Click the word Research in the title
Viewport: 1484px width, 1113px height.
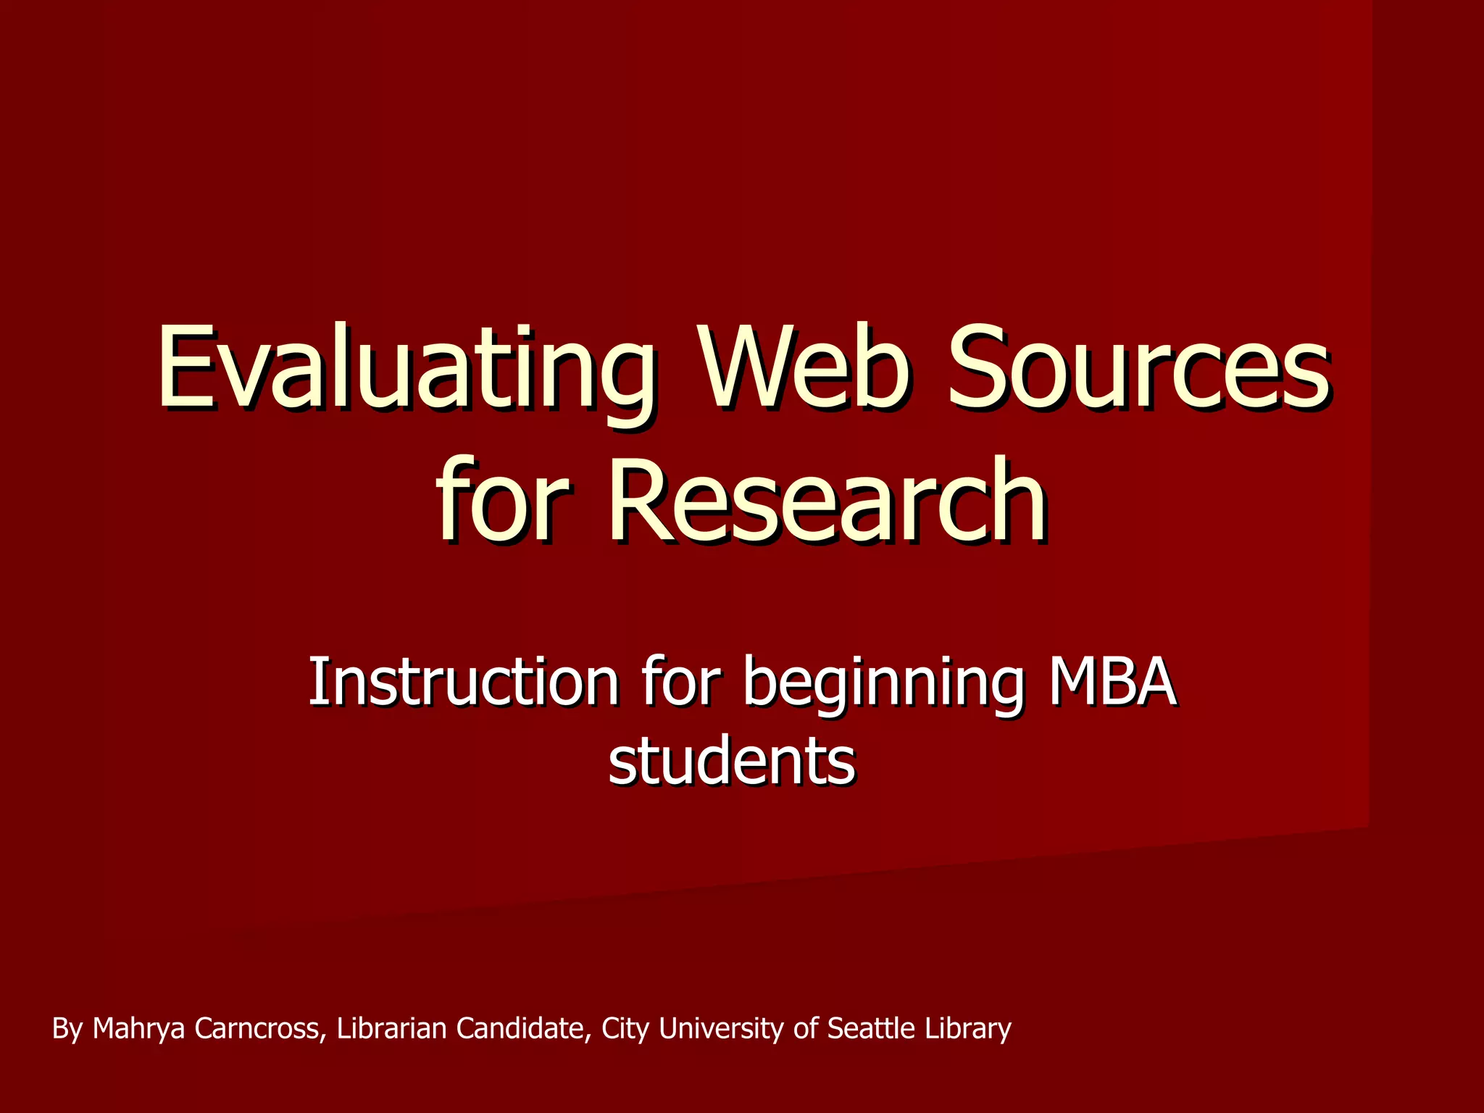click(x=827, y=500)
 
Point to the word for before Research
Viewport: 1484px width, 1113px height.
click(x=503, y=500)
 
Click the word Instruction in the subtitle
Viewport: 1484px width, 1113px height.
click(x=464, y=683)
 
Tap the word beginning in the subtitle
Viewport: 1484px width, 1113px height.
click(x=884, y=683)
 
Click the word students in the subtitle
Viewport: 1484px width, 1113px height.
click(x=732, y=762)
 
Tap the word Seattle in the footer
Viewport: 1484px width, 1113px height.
click(x=872, y=1028)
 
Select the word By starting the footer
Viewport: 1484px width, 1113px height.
click(x=67, y=1028)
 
